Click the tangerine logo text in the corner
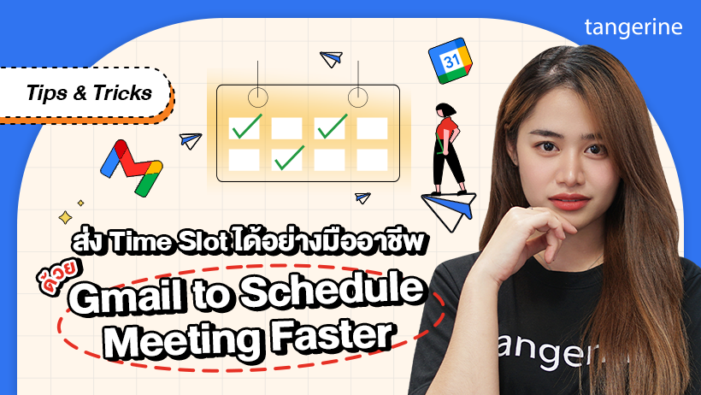(633, 28)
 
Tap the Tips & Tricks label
(89, 93)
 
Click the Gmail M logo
(132, 168)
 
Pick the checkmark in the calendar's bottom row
(289, 158)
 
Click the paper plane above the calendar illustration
(332, 59)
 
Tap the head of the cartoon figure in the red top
(445, 110)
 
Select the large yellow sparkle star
(65, 218)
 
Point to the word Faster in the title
(333, 335)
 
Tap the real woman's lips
(569, 202)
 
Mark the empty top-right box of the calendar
(372, 128)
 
